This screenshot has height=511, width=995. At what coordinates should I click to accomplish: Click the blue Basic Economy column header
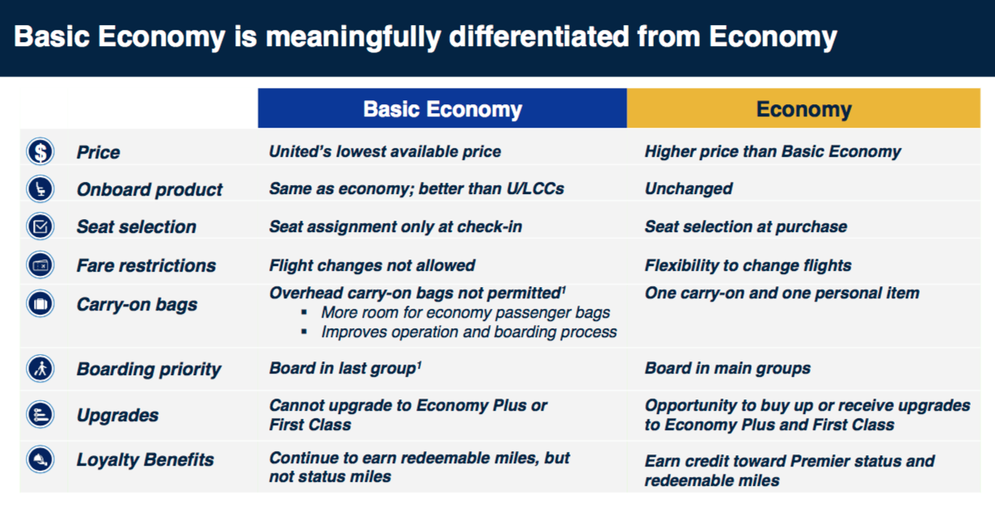click(442, 109)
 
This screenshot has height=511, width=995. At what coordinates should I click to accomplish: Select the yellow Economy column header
click(803, 109)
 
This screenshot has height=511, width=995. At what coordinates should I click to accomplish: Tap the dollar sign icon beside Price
click(40, 151)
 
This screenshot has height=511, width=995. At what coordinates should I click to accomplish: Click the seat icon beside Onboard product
click(40, 189)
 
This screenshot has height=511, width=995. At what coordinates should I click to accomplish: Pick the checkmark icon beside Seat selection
click(40, 226)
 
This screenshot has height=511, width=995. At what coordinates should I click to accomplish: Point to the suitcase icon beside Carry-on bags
click(40, 305)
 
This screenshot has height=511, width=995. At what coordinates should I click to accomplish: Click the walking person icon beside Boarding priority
click(40, 369)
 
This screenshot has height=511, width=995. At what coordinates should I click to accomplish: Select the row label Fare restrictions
click(145, 265)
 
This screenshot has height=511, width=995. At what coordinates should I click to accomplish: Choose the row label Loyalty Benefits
click(145, 460)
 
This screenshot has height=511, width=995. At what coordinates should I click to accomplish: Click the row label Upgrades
click(117, 416)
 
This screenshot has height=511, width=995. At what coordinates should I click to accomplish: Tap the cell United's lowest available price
click(385, 151)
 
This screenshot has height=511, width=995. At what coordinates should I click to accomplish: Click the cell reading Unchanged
click(688, 189)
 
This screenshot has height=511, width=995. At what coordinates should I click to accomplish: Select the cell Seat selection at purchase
click(745, 226)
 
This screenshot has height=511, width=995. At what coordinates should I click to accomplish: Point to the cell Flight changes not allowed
click(372, 265)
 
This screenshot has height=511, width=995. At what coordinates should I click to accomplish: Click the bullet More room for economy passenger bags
click(466, 312)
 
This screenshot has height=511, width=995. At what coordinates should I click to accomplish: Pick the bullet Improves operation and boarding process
click(469, 332)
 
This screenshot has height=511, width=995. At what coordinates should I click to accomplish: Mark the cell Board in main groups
click(727, 369)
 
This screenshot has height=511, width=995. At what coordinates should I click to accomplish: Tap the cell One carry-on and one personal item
click(782, 293)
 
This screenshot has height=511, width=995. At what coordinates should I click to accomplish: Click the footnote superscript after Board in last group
click(419, 364)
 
